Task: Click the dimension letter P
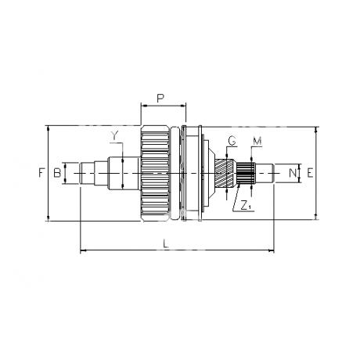[160, 99]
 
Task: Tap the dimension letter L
[165, 244]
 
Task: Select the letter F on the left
[41, 173]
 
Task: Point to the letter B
[57, 173]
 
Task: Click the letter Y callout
[114, 135]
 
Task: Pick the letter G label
[232, 141]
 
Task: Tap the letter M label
[257, 142]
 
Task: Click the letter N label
[293, 173]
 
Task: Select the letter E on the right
[310, 173]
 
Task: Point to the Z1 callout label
[246, 206]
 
